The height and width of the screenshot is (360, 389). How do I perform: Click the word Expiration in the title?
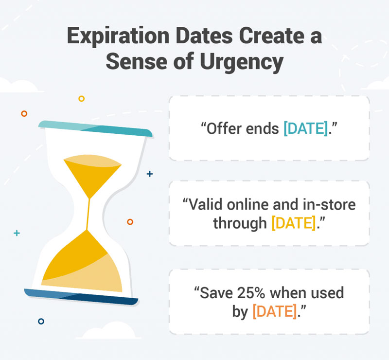click(118, 37)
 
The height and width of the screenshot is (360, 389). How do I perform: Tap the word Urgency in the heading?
click(241, 62)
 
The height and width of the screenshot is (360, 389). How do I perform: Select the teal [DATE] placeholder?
click(306, 128)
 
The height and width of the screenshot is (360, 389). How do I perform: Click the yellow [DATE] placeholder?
click(294, 223)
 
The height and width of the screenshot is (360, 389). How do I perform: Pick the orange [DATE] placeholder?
click(275, 311)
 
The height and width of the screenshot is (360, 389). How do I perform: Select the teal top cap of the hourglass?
click(95, 128)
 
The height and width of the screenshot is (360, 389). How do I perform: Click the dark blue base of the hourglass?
click(81, 297)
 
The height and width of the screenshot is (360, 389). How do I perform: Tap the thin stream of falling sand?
click(88, 214)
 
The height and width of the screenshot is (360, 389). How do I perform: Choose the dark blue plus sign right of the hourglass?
click(150, 174)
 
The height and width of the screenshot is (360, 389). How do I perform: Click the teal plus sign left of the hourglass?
click(17, 233)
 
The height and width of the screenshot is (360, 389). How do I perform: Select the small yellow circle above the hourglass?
click(81, 99)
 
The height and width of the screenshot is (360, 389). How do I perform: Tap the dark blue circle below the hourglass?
click(41, 321)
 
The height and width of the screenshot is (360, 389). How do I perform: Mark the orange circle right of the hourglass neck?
click(130, 222)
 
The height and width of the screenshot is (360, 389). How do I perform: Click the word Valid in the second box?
click(205, 205)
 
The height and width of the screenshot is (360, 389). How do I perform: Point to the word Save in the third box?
click(216, 293)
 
